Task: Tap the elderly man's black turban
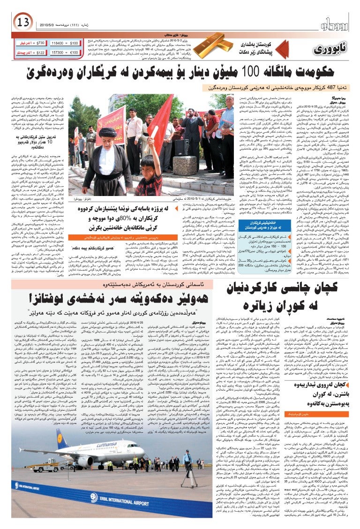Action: [109, 133]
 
